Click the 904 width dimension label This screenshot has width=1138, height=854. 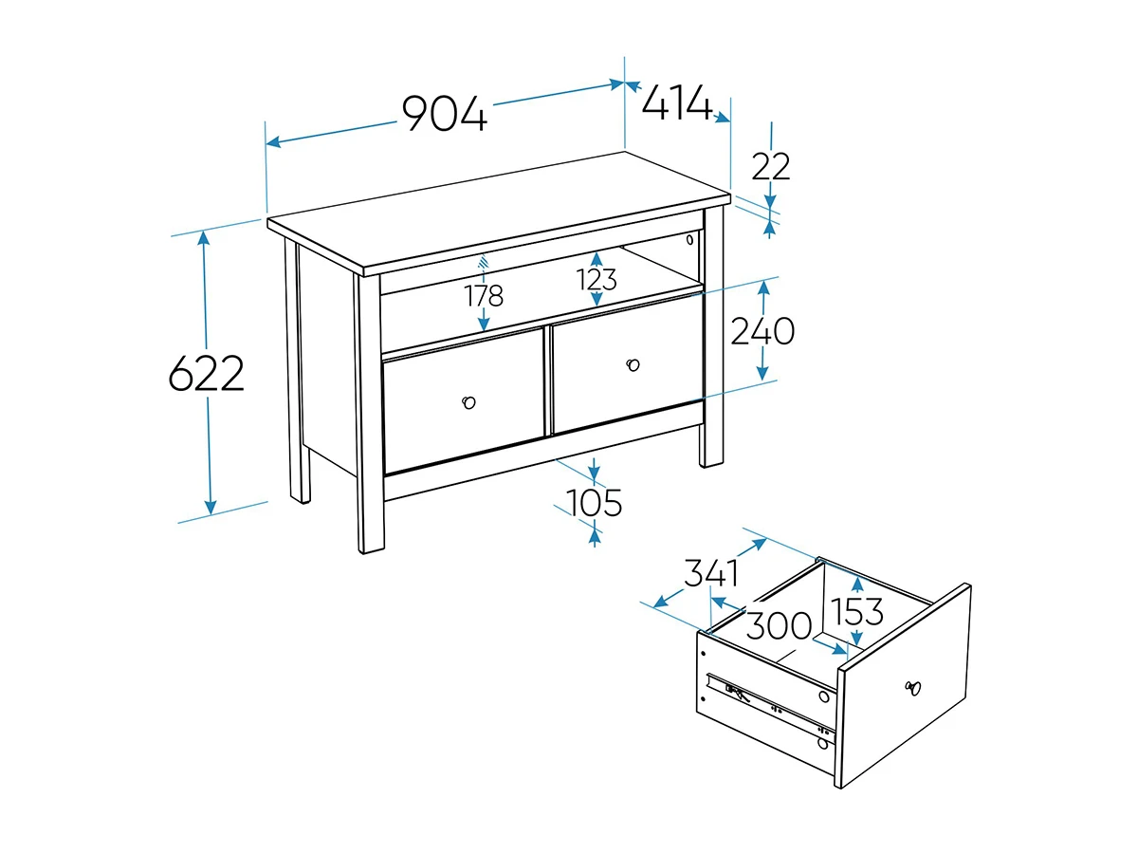click(445, 113)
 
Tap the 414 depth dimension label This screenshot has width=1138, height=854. click(676, 102)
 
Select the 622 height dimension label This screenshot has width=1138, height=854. click(207, 373)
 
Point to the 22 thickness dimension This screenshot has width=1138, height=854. click(770, 166)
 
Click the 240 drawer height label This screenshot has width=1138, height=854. click(762, 331)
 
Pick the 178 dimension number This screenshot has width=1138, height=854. click(484, 295)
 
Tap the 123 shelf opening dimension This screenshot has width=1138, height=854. click(597, 280)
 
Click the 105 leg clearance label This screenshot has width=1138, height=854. click(594, 503)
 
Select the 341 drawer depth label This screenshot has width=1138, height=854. click(711, 573)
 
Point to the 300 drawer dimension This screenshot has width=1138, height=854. click(779, 625)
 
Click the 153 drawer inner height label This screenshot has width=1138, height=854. click(856, 611)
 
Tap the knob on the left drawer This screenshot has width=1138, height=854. click(468, 402)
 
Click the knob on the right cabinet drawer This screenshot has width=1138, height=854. click(633, 365)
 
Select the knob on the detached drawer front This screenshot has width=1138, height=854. click(913, 688)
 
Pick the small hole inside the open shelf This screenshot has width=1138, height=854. click(689, 239)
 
